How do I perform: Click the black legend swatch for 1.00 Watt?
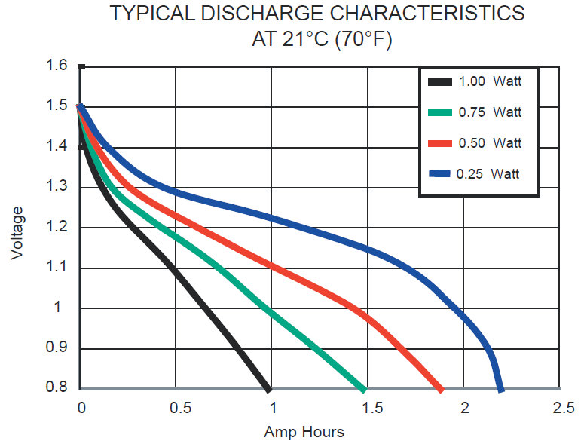coord(440,81)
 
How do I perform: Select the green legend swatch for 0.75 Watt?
coord(440,112)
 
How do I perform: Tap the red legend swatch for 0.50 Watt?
coord(440,143)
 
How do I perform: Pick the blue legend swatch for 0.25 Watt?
coord(440,174)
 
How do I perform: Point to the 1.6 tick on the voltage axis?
coord(58,66)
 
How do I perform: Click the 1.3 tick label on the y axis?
coord(58,187)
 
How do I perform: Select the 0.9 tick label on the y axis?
coord(58,348)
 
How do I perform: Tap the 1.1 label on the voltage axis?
coord(58,268)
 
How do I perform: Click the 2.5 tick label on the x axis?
coord(560,408)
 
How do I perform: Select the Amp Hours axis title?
coord(304,432)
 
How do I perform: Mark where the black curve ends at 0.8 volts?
coord(268,388)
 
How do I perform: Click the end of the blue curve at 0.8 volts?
coord(501,388)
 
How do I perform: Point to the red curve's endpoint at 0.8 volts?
coord(440,388)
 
